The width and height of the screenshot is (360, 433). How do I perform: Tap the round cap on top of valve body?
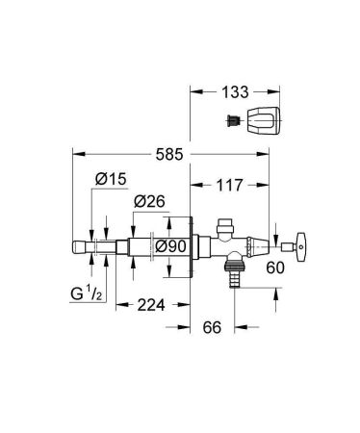(x=226, y=229)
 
